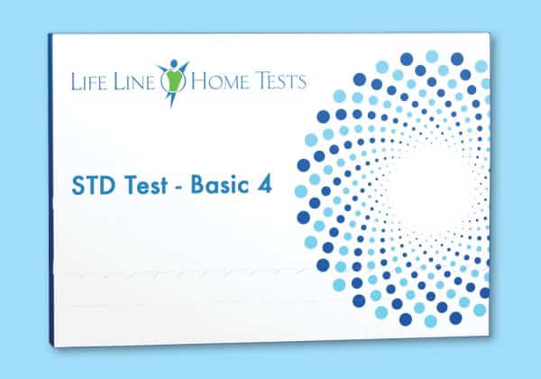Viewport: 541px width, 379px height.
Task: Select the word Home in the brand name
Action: (219, 81)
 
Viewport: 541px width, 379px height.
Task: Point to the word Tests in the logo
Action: (280, 81)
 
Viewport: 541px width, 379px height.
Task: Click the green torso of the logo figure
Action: (173, 81)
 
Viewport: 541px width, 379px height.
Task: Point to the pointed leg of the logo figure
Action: (170, 98)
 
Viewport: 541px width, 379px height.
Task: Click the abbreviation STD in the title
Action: (93, 185)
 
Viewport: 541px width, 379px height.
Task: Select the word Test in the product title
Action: (145, 185)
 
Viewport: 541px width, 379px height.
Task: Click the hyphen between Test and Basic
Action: (179, 188)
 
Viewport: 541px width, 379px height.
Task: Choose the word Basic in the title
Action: (220, 184)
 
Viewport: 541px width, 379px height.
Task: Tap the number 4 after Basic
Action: (264, 184)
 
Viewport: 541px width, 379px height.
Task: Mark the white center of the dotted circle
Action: (427, 188)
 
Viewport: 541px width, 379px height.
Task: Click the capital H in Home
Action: (200, 81)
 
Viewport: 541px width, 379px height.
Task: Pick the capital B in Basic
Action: (197, 184)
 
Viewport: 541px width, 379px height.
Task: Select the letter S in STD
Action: (78, 185)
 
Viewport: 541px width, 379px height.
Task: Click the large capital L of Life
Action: (75, 81)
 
